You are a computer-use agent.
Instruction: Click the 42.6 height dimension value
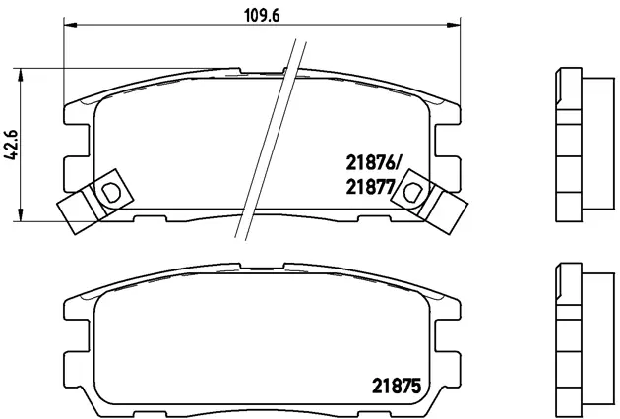coord(12,146)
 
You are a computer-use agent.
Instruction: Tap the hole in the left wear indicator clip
coord(109,189)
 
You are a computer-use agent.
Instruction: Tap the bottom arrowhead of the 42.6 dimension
coord(22,218)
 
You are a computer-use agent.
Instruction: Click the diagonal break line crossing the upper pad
coord(266,138)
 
